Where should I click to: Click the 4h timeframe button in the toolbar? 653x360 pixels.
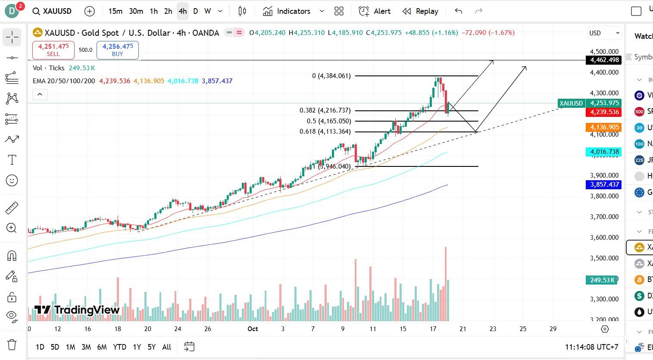[x=183, y=11]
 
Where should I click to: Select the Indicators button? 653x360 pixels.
[x=287, y=11]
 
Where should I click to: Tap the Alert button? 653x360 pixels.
[x=375, y=11]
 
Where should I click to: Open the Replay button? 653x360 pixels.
[x=420, y=11]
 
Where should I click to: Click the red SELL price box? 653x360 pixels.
[x=53, y=50]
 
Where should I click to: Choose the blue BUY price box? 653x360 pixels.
[x=117, y=50]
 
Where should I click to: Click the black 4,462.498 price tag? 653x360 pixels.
[x=604, y=60]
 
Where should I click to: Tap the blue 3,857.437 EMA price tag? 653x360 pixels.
[x=604, y=185]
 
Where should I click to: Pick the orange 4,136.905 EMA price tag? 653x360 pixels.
[x=604, y=127]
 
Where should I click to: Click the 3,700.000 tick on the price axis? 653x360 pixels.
[x=604, y=216]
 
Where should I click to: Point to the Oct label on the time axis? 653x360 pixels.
[x=253, y=329]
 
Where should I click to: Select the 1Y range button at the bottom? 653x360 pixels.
[x=137, y=347]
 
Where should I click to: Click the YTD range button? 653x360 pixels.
[x=119, y=347]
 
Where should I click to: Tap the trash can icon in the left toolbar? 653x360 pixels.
[x=12, y=344]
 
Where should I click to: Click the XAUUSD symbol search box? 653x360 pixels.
[x=52, y=11]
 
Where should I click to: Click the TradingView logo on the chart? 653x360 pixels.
[x=77, y=310]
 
